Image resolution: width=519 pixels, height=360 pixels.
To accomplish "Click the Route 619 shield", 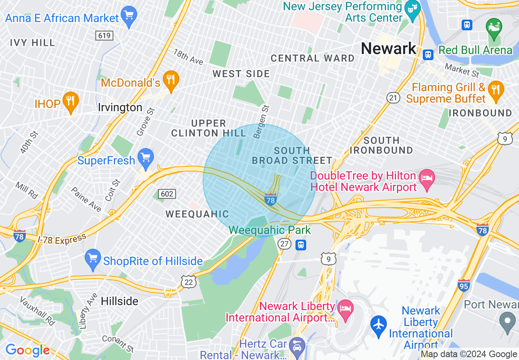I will point(105,36).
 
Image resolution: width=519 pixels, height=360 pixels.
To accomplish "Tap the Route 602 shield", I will point(167,193).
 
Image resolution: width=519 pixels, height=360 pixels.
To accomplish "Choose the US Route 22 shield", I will point(189,282).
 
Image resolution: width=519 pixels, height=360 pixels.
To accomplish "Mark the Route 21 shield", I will point(393,97).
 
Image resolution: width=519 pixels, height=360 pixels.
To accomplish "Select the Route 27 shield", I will point(284,244).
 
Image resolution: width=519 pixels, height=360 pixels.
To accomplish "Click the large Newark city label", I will point(388,49).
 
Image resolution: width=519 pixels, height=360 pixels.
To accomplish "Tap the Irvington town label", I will point(120,108).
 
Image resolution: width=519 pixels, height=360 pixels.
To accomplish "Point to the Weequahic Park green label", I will point(270,230).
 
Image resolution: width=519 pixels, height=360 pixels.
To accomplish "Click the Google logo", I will point(27,350).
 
